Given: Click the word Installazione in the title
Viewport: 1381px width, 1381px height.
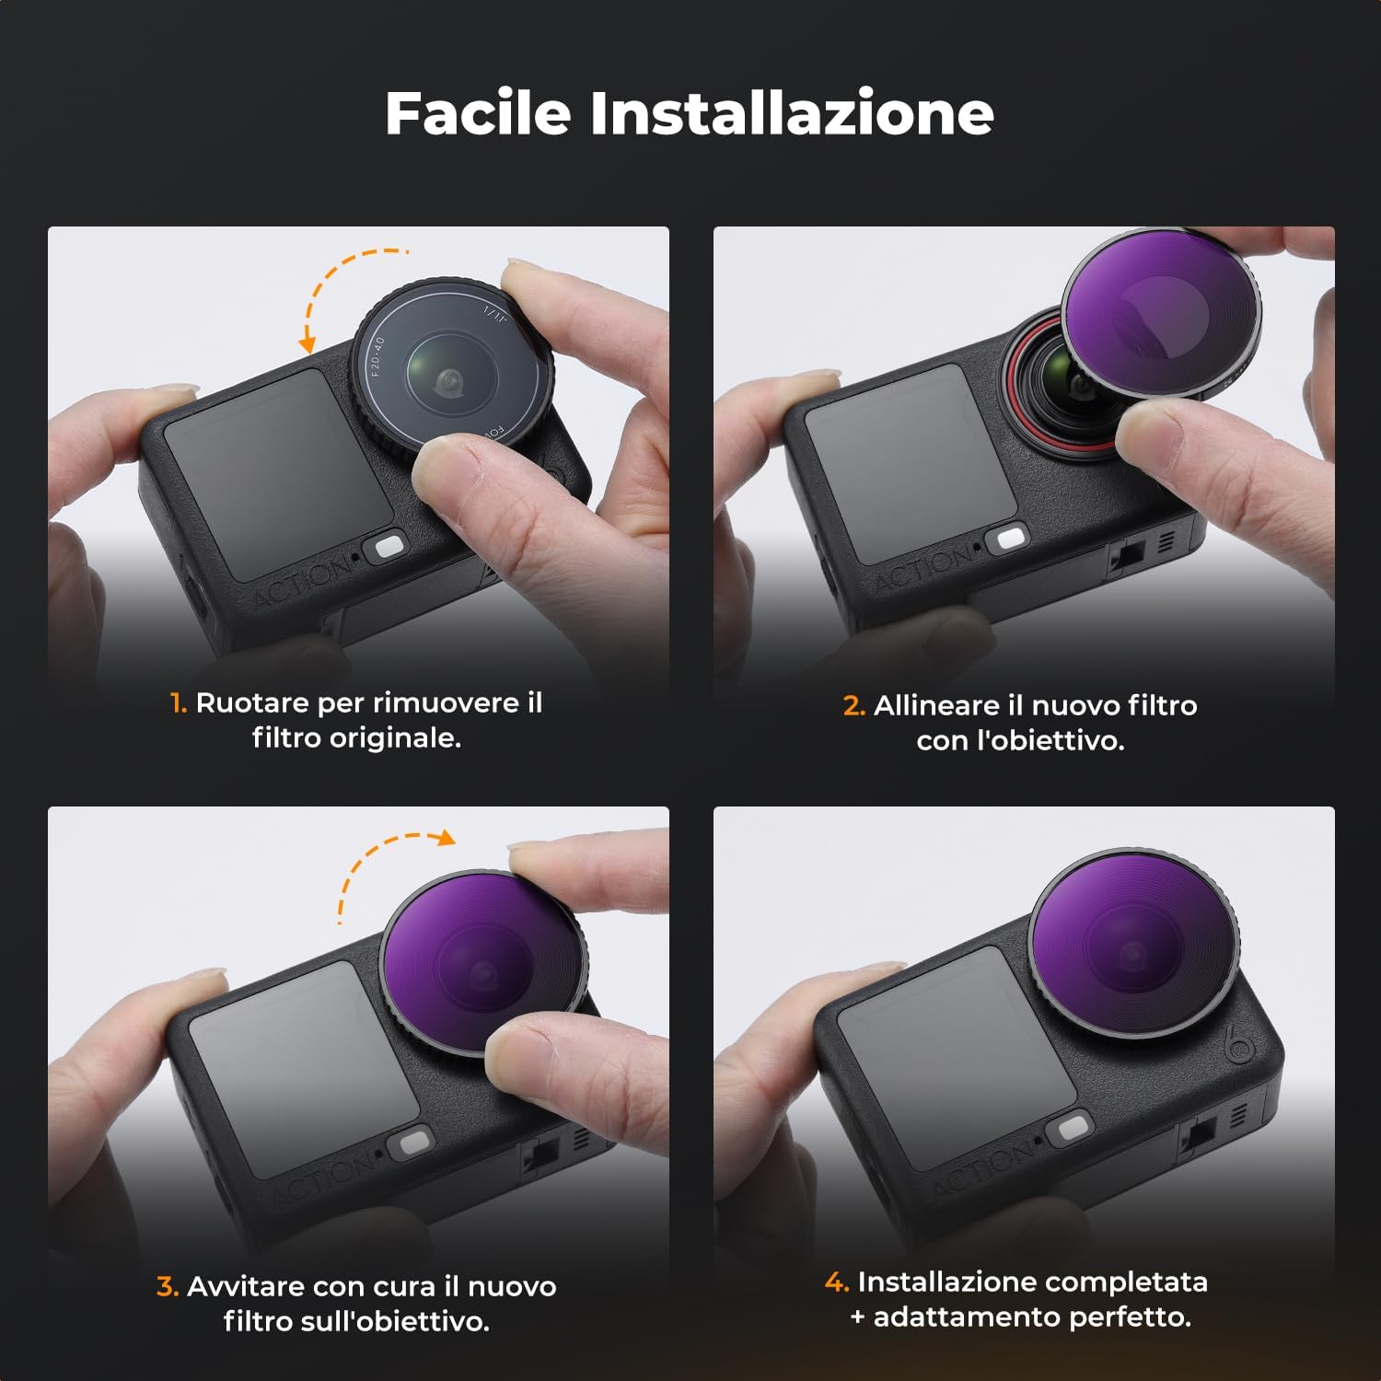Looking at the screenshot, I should [x=791, y=113].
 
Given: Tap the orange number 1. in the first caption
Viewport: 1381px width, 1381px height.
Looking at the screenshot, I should [x=179, y=703].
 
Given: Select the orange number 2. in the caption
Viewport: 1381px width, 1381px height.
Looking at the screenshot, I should [x=853, y=706].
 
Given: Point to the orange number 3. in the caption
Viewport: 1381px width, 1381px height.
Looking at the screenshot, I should [x=167, y=1286].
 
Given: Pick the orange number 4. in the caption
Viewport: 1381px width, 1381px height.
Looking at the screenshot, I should [x=836, y=1282].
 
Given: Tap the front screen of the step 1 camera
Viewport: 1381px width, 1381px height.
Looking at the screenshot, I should [x=267, y=470].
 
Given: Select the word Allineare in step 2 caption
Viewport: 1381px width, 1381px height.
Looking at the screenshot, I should [x=936, y=706].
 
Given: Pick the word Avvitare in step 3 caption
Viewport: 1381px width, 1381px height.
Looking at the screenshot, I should [x=246, y=1286].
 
